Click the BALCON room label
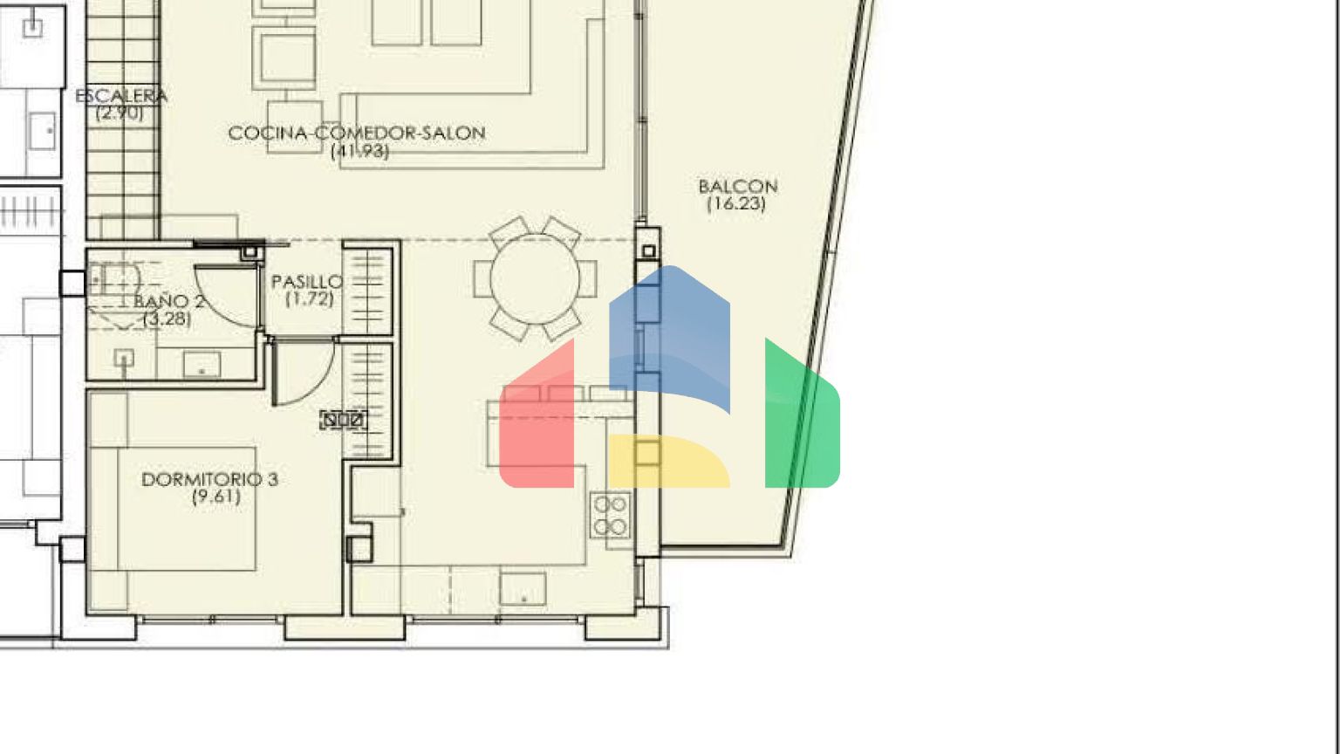tap(738, 187)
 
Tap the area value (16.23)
tap(735, 204)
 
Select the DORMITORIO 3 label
tap(210, 479)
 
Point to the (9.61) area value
tap(216, 497)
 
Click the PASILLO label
tap(307, 282)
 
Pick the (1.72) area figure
tap(310, 298)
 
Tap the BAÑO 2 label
tap(169, 301)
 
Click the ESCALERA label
tap(121, 96)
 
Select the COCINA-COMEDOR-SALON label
tap(357, 133)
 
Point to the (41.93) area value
tap(360, 151)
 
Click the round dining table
tap(535, 279)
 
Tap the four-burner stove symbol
tap(611, 515)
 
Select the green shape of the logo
tap(802, 419)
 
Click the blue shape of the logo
tap(670, 335)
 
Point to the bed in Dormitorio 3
tap(188, 509)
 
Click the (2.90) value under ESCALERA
tap(120, 113)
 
